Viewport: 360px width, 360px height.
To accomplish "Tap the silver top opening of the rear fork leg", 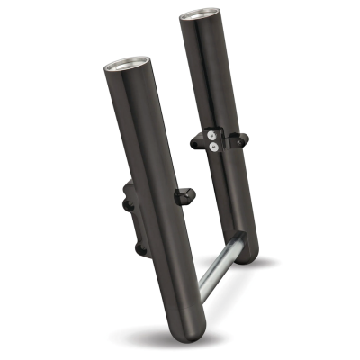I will click(201, 17).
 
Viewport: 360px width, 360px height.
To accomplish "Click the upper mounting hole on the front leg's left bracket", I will click(126, 206).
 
